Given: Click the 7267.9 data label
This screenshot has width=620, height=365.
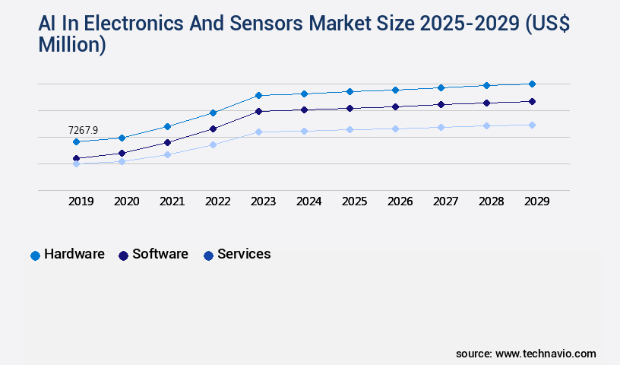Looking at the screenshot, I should coord(83,130).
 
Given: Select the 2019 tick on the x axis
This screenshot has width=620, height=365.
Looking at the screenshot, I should coord(81,202).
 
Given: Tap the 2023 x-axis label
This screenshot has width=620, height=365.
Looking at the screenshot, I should coord(263,202).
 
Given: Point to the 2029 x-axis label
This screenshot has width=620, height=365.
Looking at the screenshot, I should coord(536,202).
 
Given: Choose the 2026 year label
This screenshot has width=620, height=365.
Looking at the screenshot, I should coord(400,202).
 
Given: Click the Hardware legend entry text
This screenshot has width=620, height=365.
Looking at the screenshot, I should coord(74,254).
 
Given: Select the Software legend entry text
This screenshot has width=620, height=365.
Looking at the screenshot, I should coord(160,254).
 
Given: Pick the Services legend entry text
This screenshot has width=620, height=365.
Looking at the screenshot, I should coord(244,254).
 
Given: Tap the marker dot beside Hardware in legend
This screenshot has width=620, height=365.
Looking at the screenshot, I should coord(35,255).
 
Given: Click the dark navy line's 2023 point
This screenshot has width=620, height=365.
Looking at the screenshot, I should coord(258,111).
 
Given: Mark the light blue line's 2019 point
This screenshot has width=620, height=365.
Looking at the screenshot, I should coord(76,163).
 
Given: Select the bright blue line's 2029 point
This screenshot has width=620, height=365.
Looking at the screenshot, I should coord(532,84).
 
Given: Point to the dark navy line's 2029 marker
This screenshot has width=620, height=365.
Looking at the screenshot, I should coord(532,101).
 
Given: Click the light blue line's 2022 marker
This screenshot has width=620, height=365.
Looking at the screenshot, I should coord(213,144).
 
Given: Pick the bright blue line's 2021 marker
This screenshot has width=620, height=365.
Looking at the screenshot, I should coord(167,126).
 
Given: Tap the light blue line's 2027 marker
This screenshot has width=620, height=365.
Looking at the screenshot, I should coord(441,127).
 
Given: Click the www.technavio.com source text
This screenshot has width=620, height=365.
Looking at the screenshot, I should coord(546,354).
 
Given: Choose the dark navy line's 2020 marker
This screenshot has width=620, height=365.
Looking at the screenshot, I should coord(122,153).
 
